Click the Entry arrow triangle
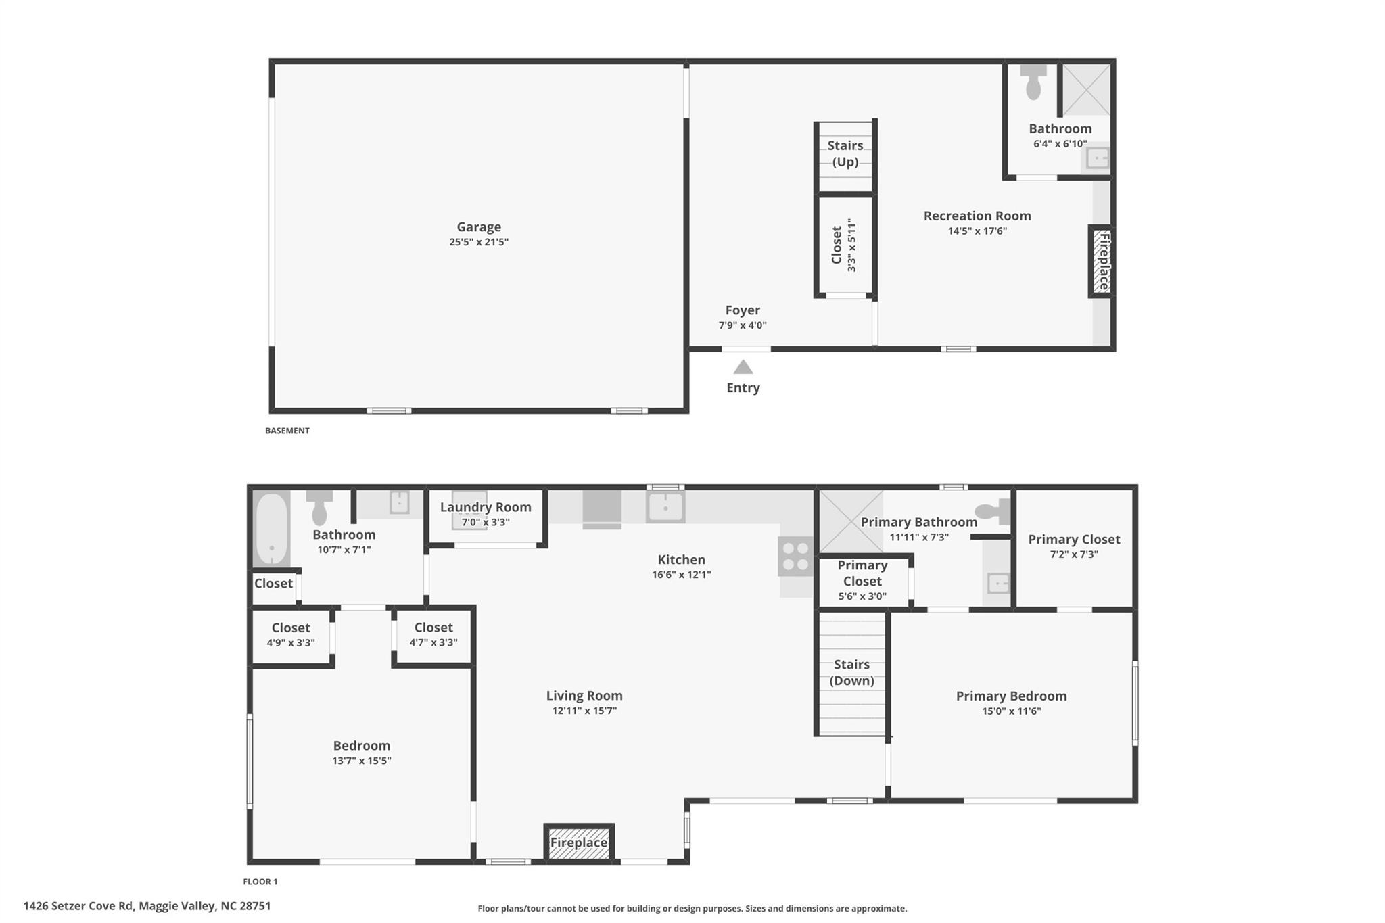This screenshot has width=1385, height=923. [743, 367]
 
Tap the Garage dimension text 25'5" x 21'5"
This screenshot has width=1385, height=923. [479, 242]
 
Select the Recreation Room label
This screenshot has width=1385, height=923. [977, 216]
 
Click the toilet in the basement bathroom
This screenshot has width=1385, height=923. [1033, 82]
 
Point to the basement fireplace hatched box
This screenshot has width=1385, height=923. [1101, 261]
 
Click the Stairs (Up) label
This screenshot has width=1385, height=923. [845, 153]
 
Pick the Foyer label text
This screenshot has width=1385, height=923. [743, 310]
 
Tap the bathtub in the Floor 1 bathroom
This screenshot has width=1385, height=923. [271, 529]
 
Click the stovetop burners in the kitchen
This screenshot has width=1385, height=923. [795, 557]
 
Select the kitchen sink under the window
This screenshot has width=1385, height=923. [665, 506]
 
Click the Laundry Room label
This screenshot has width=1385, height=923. [486, 507]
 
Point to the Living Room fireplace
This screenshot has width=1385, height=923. [579, 843]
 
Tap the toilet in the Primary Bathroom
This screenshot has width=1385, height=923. [993, 512]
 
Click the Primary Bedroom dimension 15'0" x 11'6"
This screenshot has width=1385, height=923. [1011, 711]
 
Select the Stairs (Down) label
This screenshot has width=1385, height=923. [851, 672]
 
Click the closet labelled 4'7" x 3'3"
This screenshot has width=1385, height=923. [433, 635]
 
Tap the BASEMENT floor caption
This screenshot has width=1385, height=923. [287, 431]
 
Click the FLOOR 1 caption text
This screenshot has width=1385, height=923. [260, 882]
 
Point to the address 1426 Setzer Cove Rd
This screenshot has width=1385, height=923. [147, 906]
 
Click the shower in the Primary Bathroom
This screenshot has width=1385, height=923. [851, 521]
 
